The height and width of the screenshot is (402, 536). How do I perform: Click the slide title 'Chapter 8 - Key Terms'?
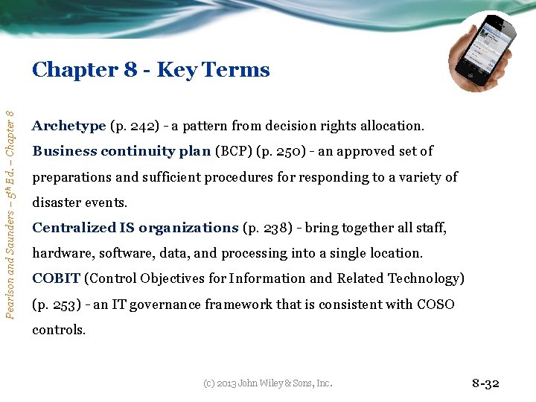150,70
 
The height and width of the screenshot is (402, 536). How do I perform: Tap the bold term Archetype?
68,126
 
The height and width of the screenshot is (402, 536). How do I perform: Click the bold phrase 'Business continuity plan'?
121,151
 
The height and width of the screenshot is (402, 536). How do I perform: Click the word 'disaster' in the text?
57,202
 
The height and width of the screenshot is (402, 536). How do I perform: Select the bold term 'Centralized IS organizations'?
135,228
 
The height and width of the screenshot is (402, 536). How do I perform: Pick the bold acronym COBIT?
56,278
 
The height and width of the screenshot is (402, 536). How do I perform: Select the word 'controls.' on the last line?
59,329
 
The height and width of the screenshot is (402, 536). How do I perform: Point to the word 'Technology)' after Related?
427,278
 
